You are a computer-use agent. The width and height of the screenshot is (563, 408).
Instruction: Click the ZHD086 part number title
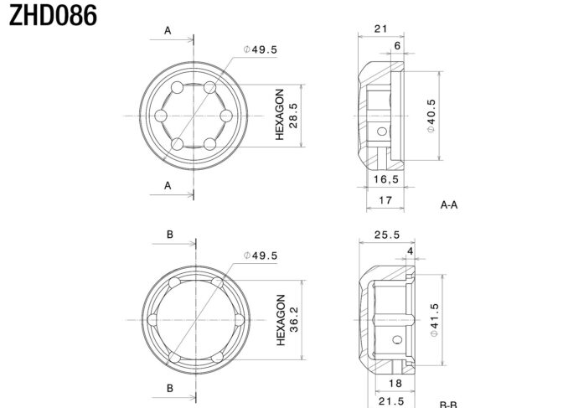click(53, 15)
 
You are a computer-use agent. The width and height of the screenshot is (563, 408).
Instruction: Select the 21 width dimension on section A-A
click(380, 28)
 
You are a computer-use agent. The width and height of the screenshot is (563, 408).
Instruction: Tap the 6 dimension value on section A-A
click(397, 45)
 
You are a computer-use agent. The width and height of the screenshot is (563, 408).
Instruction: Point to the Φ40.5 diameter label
click(431, 116)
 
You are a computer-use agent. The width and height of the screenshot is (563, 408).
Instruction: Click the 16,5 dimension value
click(386, 179)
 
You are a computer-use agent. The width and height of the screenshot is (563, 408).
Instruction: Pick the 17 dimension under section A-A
click(385, 200)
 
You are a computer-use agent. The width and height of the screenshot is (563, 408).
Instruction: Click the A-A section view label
click(449, 204)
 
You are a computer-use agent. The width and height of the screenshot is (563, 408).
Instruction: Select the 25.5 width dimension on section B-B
click(387, 235)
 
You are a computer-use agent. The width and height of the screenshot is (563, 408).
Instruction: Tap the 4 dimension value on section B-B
click(411, 251)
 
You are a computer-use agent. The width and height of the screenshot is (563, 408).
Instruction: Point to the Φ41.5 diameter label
click(434, 320)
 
